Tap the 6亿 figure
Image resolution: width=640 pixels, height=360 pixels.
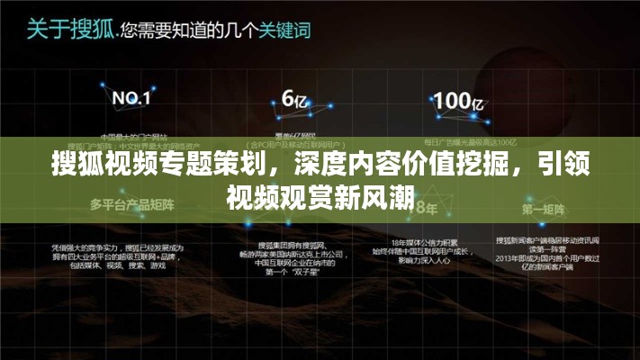click(x=295, y=98)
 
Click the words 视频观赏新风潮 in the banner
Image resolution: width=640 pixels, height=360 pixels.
click(x=320, y=196)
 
